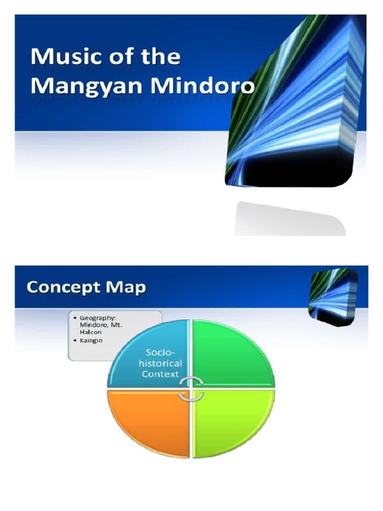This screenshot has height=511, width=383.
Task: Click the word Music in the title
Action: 59,57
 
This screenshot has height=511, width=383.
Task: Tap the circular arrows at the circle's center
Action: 191,389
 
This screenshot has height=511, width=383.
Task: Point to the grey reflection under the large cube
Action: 289,220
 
